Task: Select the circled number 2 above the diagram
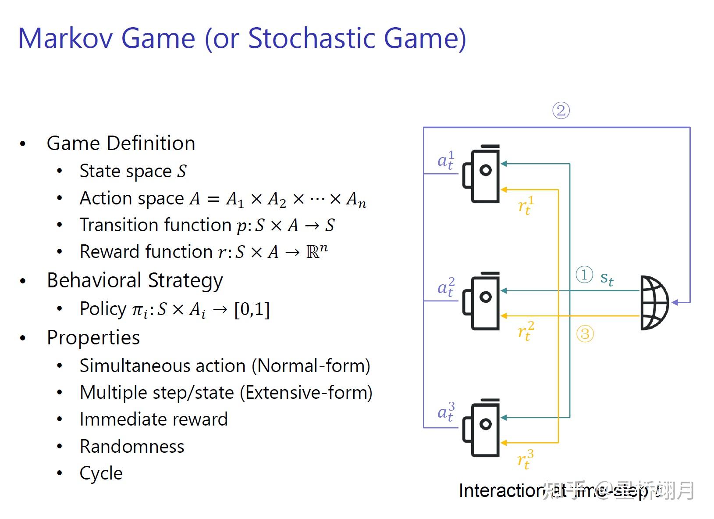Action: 561,111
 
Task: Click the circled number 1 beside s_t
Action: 584,275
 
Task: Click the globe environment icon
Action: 654,303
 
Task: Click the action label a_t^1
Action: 446,160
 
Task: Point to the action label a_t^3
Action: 446,412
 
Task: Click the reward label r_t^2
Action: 526,331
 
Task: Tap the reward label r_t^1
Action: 526,205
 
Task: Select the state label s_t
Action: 607,278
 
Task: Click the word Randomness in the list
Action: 132,447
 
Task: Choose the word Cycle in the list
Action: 101,473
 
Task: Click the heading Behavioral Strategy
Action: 135,281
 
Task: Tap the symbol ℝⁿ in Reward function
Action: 317,251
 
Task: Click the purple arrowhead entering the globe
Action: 675,302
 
